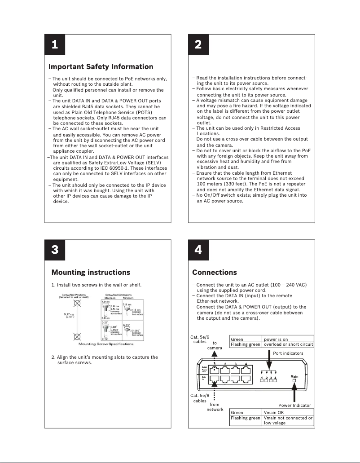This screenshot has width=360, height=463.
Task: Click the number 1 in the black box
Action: point(54,45)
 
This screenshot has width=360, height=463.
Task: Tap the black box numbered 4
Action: point(198,250)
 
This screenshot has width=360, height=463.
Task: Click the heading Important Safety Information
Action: point(101,67)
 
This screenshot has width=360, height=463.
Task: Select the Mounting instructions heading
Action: point(91,272)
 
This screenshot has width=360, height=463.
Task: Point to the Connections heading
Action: point(214,272)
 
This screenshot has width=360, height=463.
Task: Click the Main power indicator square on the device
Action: point(294,380)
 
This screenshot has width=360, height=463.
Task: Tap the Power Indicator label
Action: point(294,406)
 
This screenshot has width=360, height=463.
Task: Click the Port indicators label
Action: point(288,353)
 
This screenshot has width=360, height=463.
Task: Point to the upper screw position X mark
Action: point(78,304)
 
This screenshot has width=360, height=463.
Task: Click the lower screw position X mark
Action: point(78,336)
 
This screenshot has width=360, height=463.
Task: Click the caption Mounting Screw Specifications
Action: point(106,344)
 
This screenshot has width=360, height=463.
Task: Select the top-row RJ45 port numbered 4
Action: point(246,371)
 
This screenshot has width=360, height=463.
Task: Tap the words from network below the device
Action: point(215,407)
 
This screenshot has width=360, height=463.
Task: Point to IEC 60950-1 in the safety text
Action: point(129,168)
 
